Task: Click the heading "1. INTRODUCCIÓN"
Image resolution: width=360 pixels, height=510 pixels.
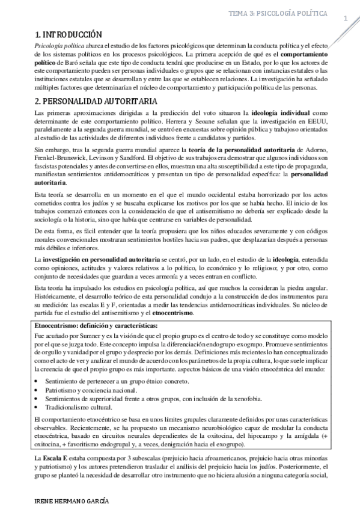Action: point(70,35)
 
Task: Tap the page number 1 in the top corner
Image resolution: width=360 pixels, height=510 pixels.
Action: point(346,19)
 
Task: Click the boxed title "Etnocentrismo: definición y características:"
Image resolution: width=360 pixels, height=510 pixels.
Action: point(97,325)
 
